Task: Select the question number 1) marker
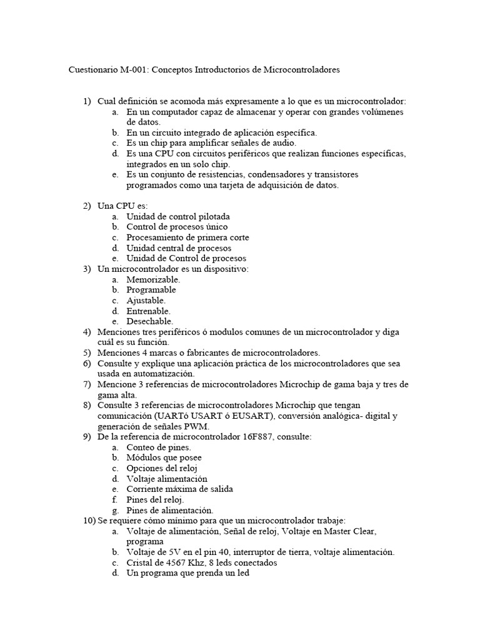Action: [87, 101]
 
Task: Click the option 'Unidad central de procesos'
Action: [178, 248]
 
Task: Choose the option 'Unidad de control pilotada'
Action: [178, 216]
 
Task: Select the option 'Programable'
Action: [151, 290]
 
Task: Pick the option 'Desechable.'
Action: [150, 321]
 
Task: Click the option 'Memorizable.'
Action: [153, 279]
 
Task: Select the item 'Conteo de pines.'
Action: [159, 447]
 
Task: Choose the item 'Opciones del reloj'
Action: [164, 468]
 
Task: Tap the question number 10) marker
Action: [89, 521]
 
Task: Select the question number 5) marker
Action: [87, 352]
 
